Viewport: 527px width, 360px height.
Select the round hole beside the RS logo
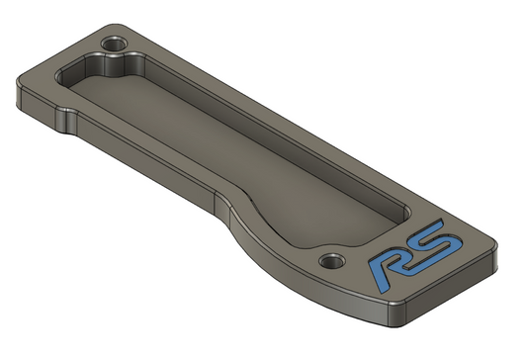pyautogui.click(x=332, y=261)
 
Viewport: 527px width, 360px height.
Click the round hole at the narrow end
pyautogui.click(x=115, y=45)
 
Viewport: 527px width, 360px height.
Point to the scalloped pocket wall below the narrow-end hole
pyautogui.click(x=115, y=65)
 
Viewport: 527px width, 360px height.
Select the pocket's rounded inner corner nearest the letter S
pyautogui.click(x=405, y=212)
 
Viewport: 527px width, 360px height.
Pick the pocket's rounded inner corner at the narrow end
pyautogui.click(x=62, y=76)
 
